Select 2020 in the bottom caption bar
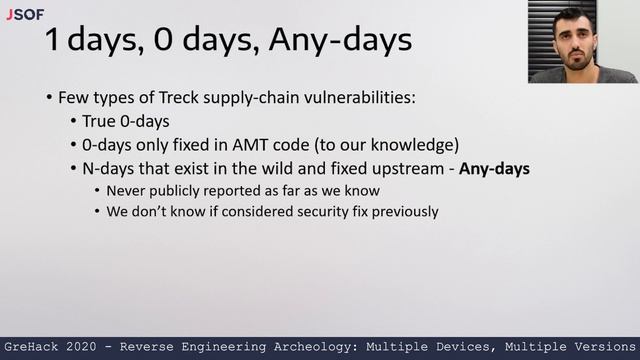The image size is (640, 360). [x=88, y=346]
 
